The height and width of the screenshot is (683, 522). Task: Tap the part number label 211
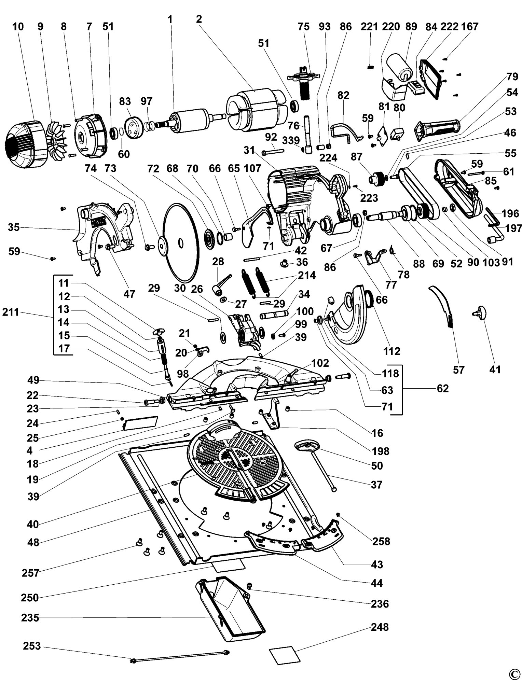pos(11,312)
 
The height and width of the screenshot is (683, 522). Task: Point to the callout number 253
pos(32,646)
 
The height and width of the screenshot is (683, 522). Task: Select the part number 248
pos(380,627)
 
